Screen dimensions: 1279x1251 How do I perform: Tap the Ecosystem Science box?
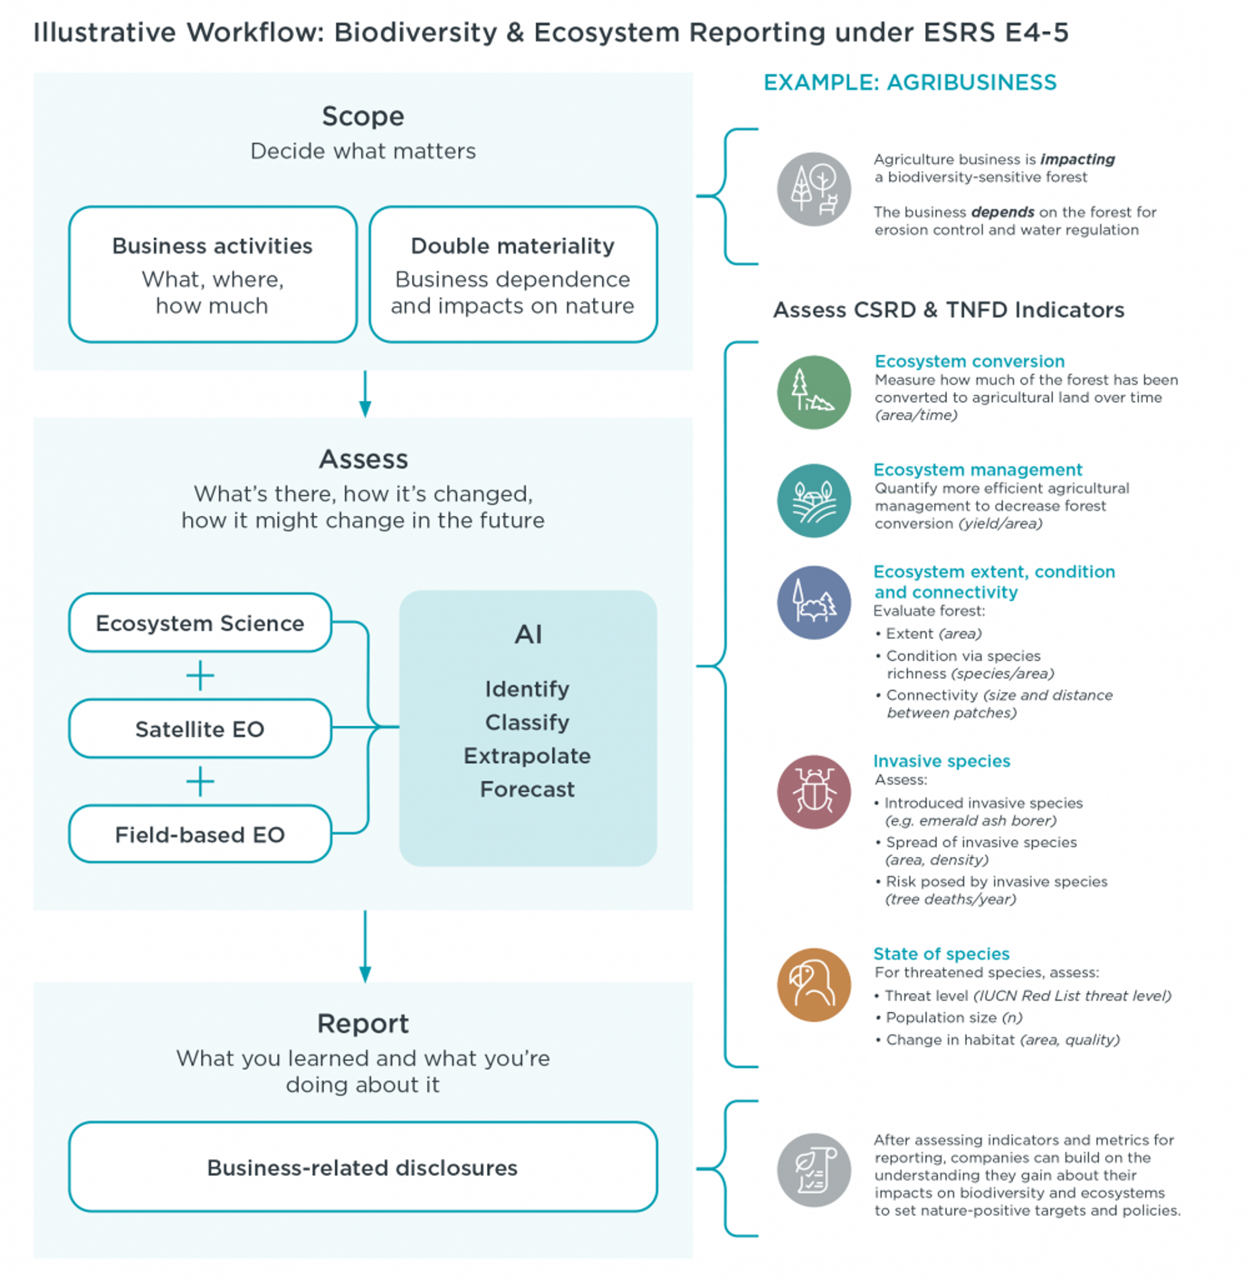tap(200, 623)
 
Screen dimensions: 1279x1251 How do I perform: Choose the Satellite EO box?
tap(200, 728)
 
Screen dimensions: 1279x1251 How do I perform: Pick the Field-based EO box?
tap(200, 834)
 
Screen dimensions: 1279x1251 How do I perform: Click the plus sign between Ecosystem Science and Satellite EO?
tap(200, 676)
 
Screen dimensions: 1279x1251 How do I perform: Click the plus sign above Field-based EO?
tap(200, 782)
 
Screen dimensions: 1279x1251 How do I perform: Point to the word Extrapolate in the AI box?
tap(527, 756)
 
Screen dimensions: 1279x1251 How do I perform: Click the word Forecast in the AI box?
tap(527, 789)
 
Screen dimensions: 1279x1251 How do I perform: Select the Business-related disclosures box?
tap(363, 1167)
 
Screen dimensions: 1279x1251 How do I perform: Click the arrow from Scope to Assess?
tap(365, 394)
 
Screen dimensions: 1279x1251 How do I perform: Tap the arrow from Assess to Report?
tap(365, 947)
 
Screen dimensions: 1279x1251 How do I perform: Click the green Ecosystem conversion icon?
tap(814, 392)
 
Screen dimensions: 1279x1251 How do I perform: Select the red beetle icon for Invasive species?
tap(814, 791)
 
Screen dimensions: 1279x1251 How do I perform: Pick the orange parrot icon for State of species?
tap(814, 984)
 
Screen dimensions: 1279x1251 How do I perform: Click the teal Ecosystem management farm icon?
tap(814, 501)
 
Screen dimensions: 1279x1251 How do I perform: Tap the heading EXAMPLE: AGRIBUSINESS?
tap(910, 83)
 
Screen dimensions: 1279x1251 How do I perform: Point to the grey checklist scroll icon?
tap(814, 1170)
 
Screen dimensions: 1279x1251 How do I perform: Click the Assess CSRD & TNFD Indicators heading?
tap(949, 310)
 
